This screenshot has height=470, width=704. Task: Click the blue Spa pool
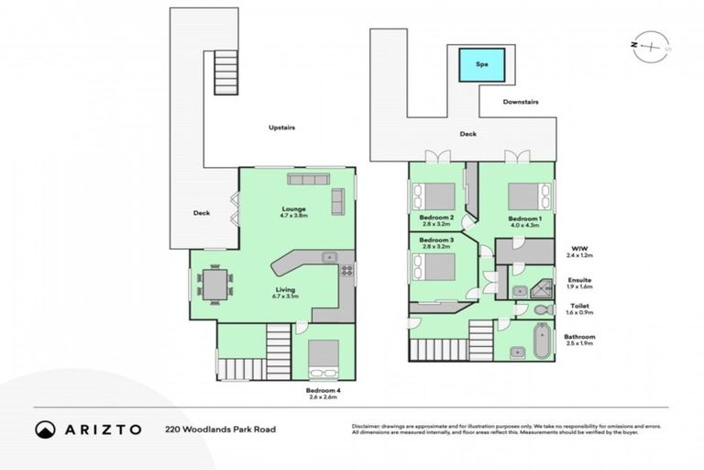click(482, 64)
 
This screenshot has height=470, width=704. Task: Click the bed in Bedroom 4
click(323, 360)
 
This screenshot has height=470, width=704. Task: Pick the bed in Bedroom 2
click(434, 196)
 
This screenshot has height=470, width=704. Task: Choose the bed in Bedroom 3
click(434, 266)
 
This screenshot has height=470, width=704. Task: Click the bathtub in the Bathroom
click(540, 340)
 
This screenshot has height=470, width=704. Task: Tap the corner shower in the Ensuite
click(541, 288)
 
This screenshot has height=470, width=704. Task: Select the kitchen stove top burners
click(347, 270)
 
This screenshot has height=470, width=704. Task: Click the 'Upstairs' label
click(281, 128)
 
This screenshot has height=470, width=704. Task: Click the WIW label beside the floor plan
click(578, 248)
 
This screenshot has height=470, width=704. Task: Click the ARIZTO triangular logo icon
click(45, 429)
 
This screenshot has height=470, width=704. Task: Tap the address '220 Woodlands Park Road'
click(220, 429)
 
